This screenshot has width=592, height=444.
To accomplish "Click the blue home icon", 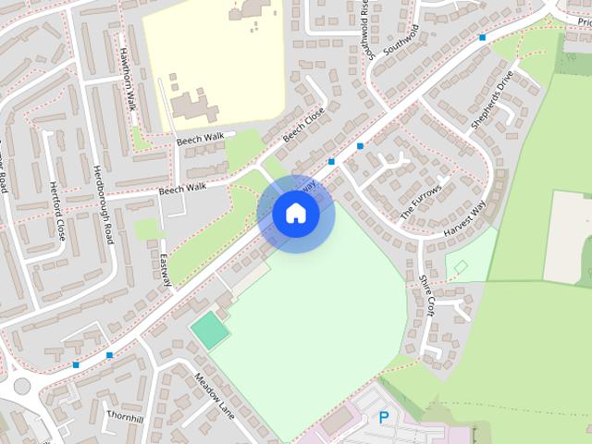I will point(295,214).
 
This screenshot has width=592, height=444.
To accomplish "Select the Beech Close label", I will point(304,126).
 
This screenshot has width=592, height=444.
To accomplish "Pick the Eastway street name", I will point(166,269).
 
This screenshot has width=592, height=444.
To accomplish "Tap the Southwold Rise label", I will point(366,29).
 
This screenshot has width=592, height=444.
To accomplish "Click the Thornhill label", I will point(125,418).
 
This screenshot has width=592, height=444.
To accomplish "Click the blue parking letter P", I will point(384,417).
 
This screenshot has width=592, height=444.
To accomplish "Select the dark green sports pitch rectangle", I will point(209,330).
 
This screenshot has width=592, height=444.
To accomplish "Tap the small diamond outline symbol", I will point(461,267).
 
